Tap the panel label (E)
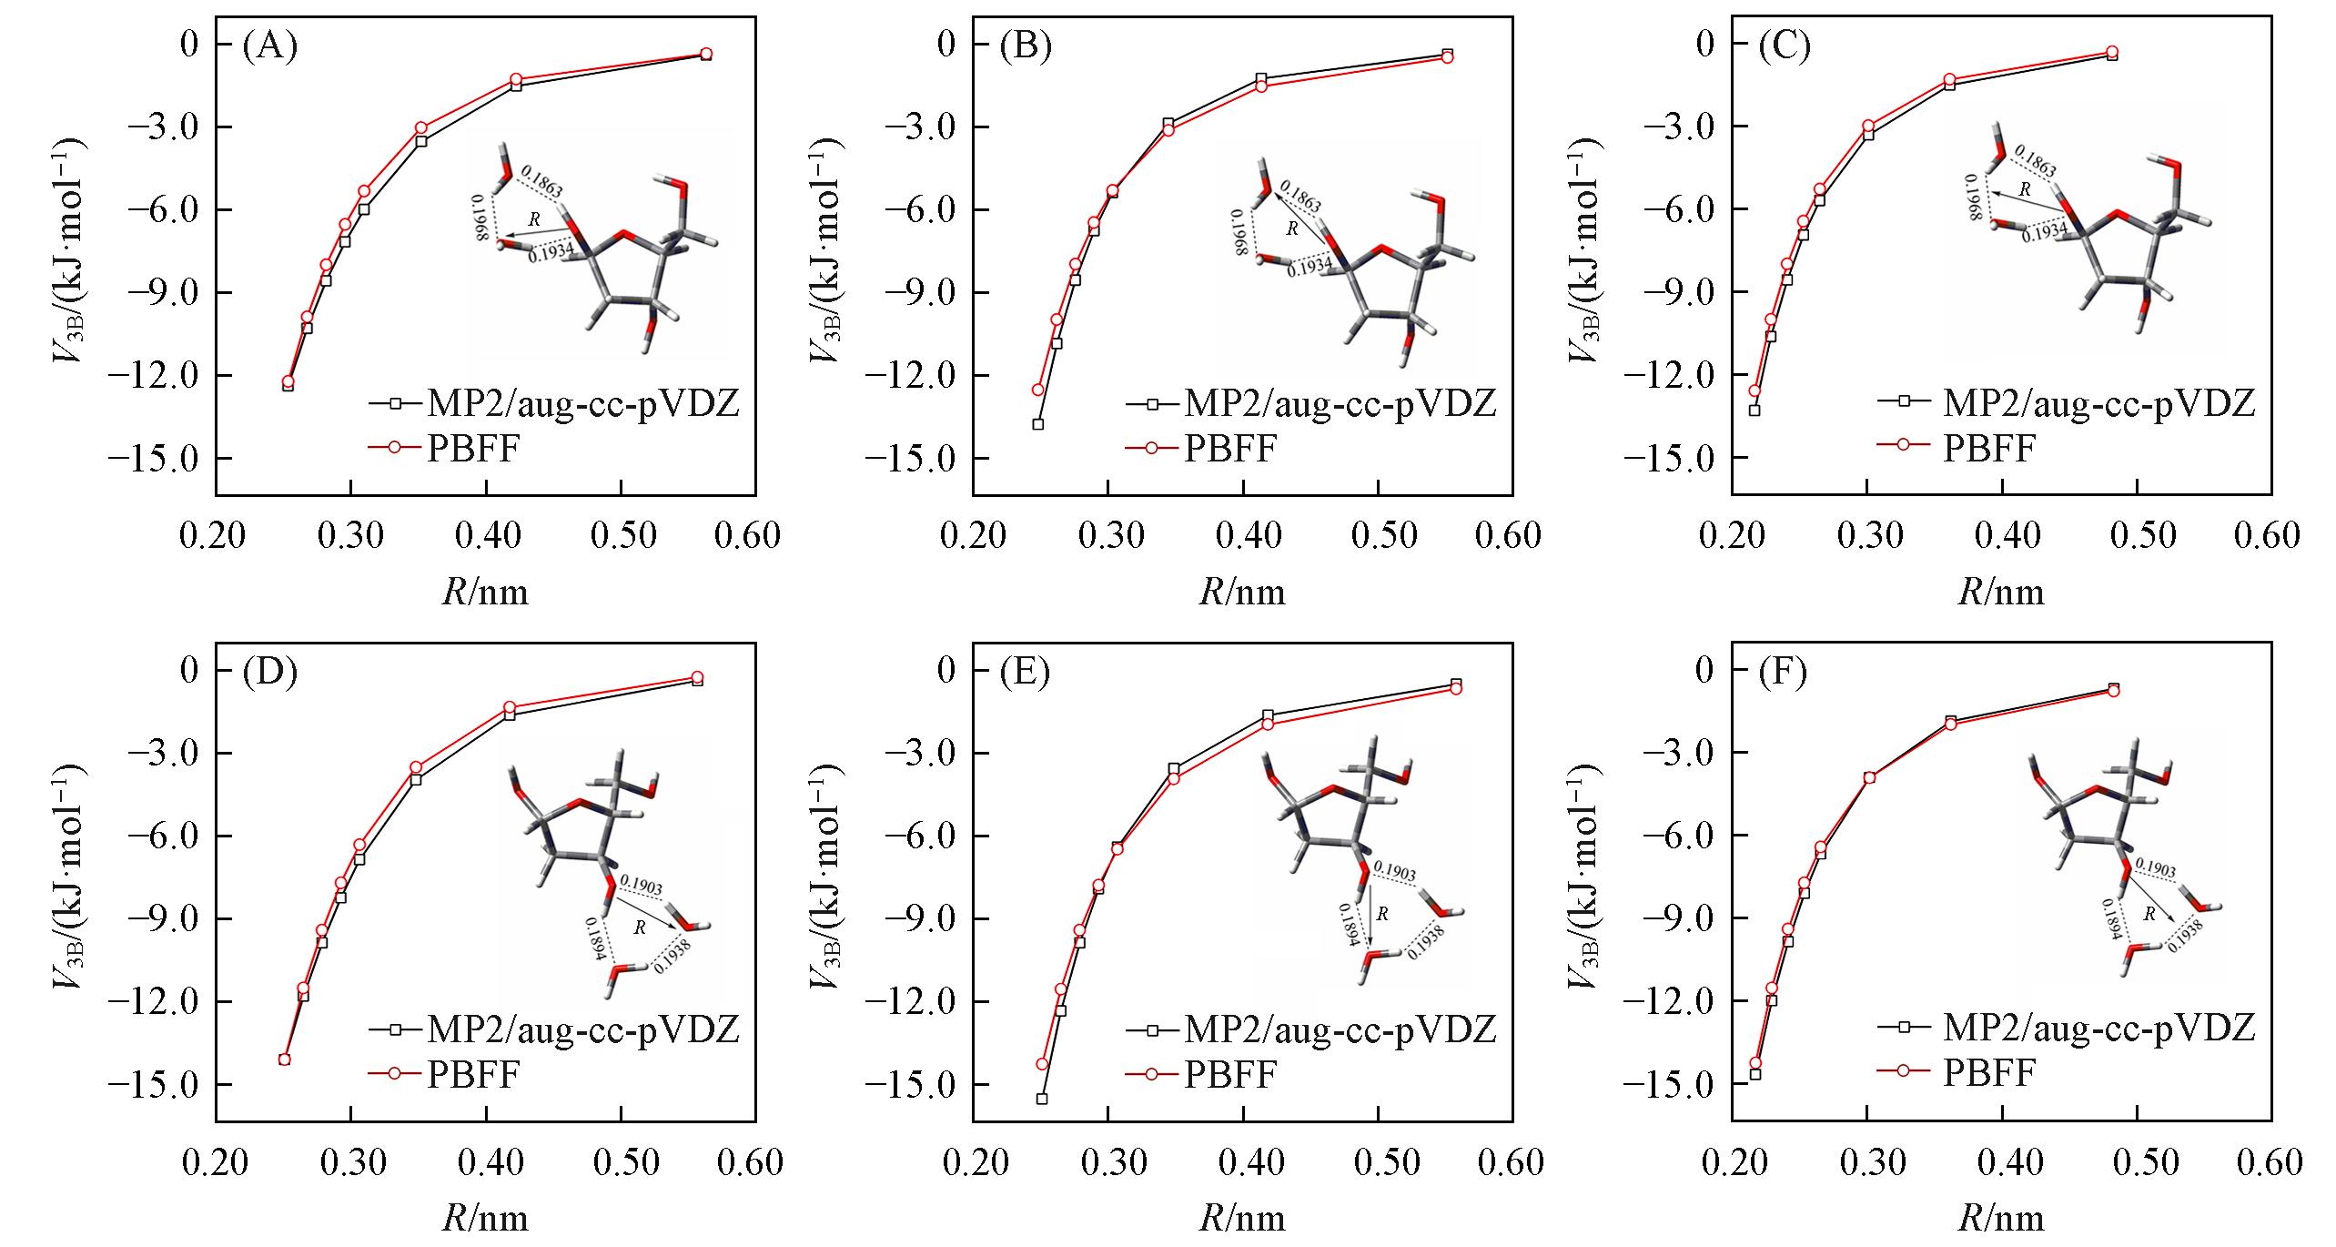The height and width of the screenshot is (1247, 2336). [x=1025, y=673]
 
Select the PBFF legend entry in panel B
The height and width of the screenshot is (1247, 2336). [x=1229, y=448]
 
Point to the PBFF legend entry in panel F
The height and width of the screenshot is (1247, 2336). [x=1990, y=1074]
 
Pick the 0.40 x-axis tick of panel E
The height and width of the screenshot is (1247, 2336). [x=1243, y=1162]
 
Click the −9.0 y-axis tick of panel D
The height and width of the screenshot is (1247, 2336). [x=156, y=918]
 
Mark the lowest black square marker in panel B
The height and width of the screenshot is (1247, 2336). [x=1037, y=424]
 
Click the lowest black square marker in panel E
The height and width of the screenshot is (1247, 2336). [x=1042, y=1099]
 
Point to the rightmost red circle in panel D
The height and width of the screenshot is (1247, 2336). [x=697, y=677]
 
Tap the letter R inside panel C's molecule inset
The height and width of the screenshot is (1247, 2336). [x=2025, y=190]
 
